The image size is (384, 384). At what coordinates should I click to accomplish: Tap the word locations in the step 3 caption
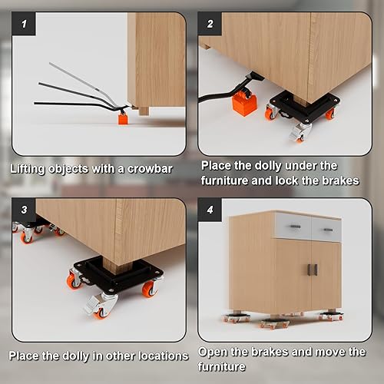[160, 356]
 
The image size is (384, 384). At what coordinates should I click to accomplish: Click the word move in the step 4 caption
[326, 352]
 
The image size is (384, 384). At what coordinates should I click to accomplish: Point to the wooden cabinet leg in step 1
[144, 110]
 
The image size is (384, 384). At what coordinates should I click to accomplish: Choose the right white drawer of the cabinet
[326, 228]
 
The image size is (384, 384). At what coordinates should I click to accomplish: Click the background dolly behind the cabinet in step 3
[31, 228]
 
